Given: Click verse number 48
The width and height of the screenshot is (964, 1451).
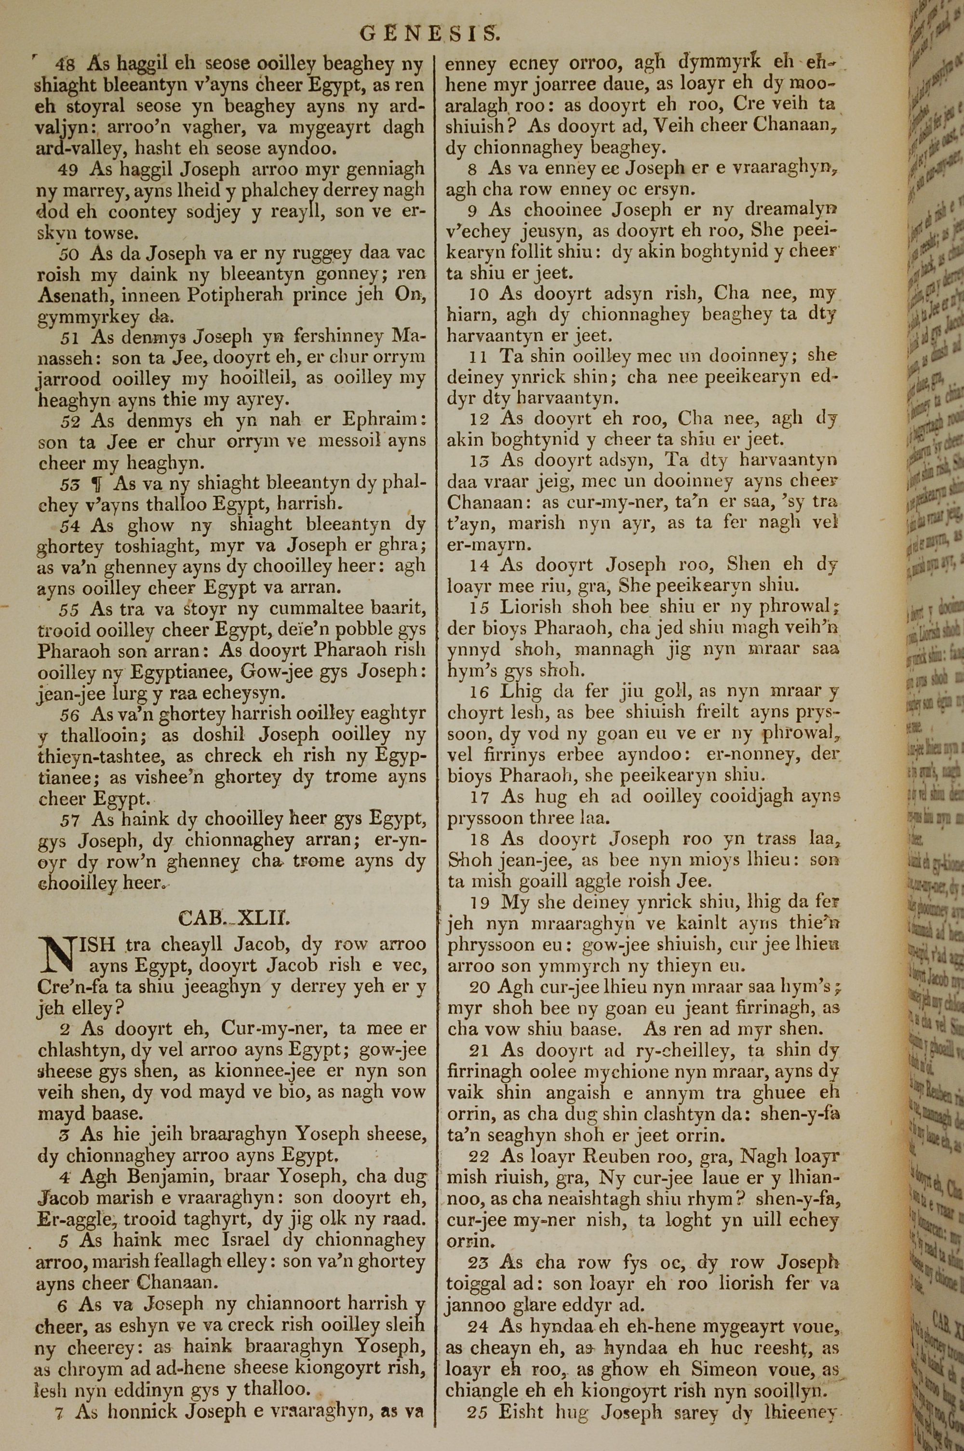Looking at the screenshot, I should tap(65, 64).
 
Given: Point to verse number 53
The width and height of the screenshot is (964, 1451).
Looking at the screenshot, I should tap(69, 483).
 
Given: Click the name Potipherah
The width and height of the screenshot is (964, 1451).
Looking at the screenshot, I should tap(236, 296).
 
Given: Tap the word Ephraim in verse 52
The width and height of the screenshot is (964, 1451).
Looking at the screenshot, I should tap(380, 421).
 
